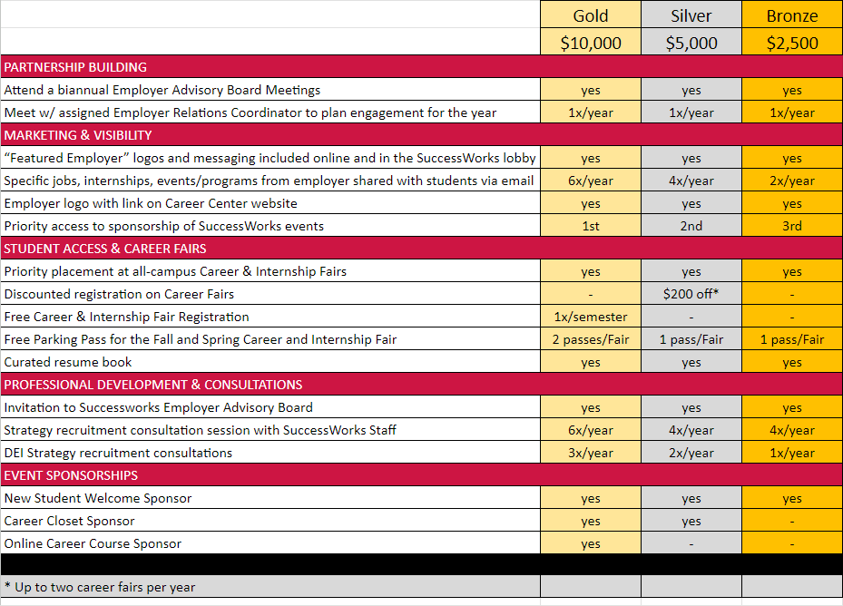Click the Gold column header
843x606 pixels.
click(x=591, y=15)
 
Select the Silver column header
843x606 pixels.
click(x=691, y=15)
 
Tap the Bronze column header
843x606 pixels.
click(x=792, y=15)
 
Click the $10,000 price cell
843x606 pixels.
click(x=591, y=43)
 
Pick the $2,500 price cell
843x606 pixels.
click(x=792, y=43)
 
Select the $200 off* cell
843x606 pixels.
click(x=691, y=294)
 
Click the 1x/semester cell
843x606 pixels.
click(x=591, y=317)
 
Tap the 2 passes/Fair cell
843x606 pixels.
click(x=591, y=339)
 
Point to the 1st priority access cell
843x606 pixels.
click(x=591, y=226)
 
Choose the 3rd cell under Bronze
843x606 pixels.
click(x=792, y=226)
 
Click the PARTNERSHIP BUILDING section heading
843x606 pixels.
click(x=75, y=67)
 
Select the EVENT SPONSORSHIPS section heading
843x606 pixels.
click(x=71, y=475)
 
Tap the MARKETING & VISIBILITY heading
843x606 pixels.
click(x=78, y=135)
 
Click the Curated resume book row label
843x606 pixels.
click(x=68, y=362)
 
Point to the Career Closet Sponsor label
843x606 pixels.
click(x=69, y=521)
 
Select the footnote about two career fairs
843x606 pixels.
click(x=100, y=587)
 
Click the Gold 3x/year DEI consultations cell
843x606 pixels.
click(x=591, y=453)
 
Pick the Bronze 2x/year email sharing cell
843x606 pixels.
click(x=792, y=181)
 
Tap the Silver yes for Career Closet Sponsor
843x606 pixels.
click(x=691, y=521)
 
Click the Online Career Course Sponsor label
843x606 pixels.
click(x=93, y=543)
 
